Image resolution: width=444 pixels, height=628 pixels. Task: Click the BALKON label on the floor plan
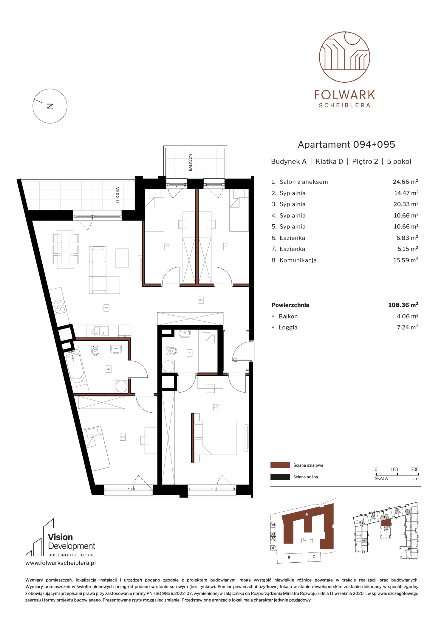click(x=190, y=163)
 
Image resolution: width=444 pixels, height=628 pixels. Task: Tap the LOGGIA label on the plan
click(x=117, y=195)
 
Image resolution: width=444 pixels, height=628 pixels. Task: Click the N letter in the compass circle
click(x=50, y=106)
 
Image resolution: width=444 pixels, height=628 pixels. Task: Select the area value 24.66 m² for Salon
click(x=405, y=182)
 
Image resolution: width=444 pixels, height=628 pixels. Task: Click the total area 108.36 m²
click(x=403, y=305)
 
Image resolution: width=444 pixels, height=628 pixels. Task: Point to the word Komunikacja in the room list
click(x=298, y=260)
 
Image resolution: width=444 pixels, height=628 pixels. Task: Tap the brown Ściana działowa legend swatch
click(x=280, y=465)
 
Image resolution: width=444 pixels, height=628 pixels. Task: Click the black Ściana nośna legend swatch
click(x=280, y=477)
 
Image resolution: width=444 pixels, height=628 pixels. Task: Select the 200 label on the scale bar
click(x=414, y=469)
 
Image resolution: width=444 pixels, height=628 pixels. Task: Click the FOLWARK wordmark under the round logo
click(x=345, y=95)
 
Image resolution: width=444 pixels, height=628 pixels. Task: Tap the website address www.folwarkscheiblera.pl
click(x=61, y=563)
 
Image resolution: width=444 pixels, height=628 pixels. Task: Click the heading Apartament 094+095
click(x=346, y=144)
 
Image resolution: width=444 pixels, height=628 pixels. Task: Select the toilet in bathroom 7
click(x=171, y=351)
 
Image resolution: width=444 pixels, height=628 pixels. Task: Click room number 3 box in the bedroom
click(x=216, y=407)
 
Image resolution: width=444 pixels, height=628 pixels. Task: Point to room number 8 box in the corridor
click(x=201, y=300)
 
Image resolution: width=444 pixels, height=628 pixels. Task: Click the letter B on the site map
click(x=289, y=558)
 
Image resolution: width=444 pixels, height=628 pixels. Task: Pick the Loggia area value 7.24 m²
click(x=407, y=327)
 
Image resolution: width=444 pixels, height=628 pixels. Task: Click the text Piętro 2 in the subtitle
click(x=365, y=161)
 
